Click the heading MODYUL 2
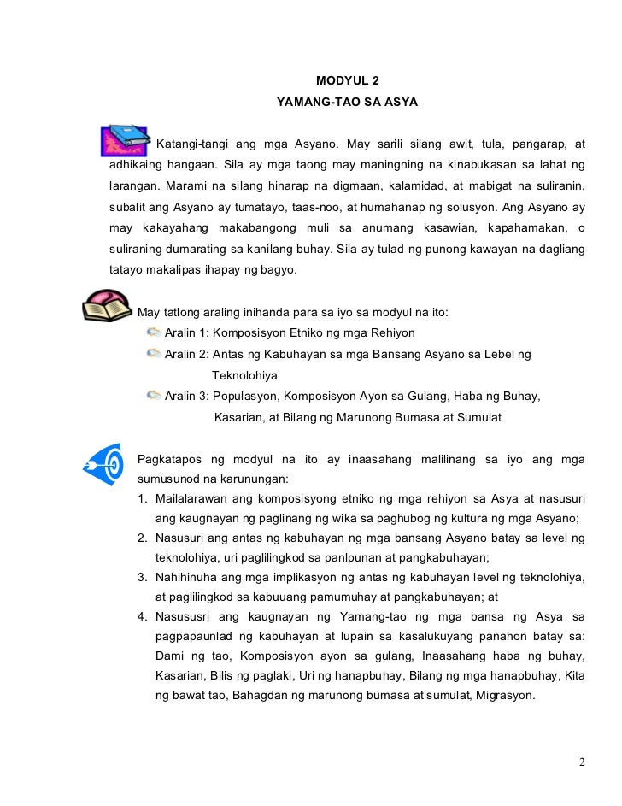point(346,82)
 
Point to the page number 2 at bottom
point(581,762)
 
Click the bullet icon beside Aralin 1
point(154,332)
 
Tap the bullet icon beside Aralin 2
point(154,353)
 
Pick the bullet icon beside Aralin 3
point(154,396)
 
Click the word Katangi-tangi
point(189,142)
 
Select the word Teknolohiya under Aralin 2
point(244,375)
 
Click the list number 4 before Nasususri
point(141,617)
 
